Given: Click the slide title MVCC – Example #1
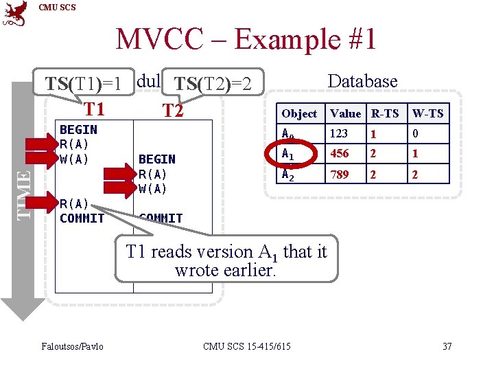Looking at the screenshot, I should (x=246, y=39).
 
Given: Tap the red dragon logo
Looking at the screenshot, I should (x=15, y=14).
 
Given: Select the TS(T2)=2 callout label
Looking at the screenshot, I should (x=213, y=85).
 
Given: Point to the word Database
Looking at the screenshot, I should (x=362, y=81).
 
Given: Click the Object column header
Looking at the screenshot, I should (x=299, y=113).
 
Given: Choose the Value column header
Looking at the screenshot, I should (x=345, y=113).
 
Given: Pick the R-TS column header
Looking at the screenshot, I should (x=384, y=113).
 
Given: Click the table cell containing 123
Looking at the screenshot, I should (x=339, y=133).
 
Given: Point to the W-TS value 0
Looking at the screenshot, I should (x=414, y=133).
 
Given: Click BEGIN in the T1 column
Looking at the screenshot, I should (x=78, y=129).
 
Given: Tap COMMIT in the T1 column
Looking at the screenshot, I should (x=82, y=218).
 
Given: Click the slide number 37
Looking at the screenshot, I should (x=447, y=346).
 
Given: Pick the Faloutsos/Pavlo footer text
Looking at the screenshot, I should (x=73, y=346).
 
